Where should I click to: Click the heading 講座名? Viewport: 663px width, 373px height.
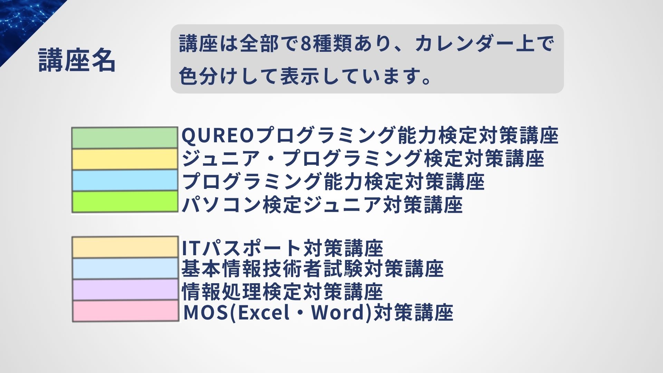click(x=77, y=60)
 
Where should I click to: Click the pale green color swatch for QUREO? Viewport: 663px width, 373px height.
click(x=125, y=138)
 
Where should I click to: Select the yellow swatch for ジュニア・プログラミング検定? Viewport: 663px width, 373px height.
click(x=125, y=159)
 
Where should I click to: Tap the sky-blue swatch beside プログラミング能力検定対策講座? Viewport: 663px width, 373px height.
click(x=125, y=180)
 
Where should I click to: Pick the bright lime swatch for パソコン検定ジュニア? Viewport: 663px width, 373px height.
click(x=125, y=202)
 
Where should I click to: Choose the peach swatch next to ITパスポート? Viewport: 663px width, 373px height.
click(x=125, y=247)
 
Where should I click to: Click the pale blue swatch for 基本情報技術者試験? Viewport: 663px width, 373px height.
click(x=125, y=268)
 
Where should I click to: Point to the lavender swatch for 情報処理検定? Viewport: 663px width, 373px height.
click(x=125, y=289)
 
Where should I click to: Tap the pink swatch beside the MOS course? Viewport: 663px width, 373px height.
click(x=125, y=311)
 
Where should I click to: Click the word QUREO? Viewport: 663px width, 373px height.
click(x=218, y=136)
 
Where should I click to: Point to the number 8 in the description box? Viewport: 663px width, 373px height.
click(x=306, y=44)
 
